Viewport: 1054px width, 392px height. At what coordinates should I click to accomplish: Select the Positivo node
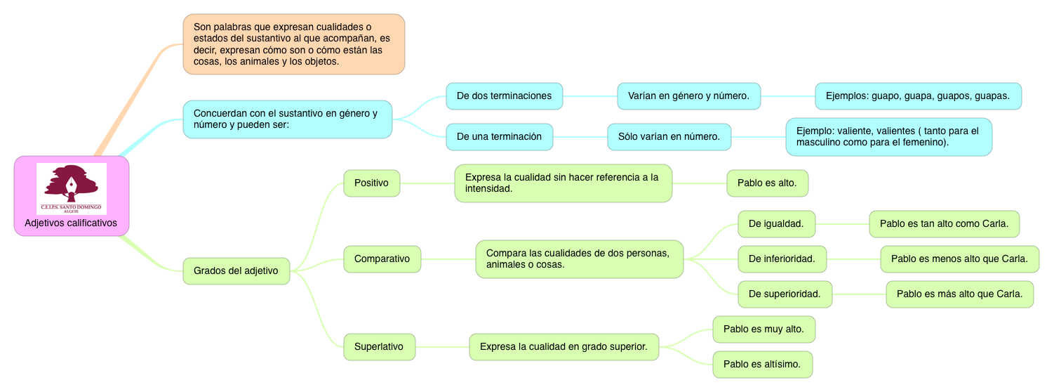[x=371, y=183]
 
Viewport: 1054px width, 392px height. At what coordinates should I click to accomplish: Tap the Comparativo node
[x=382, y=259]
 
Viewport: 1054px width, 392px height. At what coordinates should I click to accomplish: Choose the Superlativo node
[x=379, y=346]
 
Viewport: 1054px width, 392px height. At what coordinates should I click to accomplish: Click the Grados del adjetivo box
[x=236, y=271]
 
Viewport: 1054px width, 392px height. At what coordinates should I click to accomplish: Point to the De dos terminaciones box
[x=504, y=96]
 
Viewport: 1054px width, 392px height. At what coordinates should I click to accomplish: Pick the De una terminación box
[x=499, y=137]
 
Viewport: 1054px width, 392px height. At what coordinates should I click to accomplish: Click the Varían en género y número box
[x=688, y=96]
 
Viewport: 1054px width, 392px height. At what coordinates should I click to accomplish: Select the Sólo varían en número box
[x=669, y=137]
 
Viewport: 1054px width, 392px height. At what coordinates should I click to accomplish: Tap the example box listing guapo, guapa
[x=917, y=96]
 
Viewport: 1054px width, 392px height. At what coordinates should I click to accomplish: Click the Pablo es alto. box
[x=767, y=183]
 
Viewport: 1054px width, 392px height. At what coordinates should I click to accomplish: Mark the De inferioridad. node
[x=782, y=259]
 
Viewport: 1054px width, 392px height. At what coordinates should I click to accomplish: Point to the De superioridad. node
[x=785, y=294]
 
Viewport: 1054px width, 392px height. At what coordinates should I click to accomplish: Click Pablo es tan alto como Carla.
[x=944, y=224]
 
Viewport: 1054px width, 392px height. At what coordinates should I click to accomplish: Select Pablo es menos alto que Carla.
[x=959, y=259]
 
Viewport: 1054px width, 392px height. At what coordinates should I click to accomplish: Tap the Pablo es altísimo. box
[x=762, y=365]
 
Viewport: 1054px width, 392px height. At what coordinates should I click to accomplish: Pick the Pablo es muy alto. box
[x=763, y=329]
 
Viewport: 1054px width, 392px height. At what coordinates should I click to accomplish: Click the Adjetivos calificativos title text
[x=71, y=223]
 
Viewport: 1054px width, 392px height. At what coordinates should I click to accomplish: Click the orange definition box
[x=293, y=44]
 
